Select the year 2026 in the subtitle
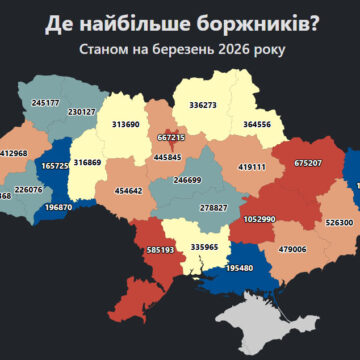click(230, 49)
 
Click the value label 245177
click(46, 102)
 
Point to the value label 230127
click(81, 112)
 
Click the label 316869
click(88, 161)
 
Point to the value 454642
click(128, 190)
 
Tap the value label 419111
click(251, 168)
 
